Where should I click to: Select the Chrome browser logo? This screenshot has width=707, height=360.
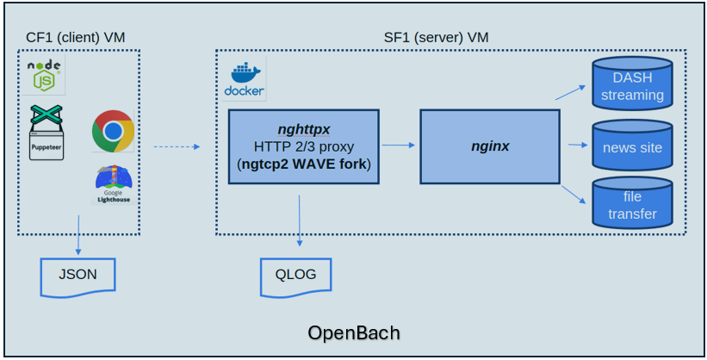pos(113,131)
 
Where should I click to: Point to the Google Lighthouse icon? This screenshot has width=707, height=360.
pos(113,184)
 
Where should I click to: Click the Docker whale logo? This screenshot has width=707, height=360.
pos(245,80)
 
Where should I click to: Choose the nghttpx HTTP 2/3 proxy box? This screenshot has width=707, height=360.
pos(304,146)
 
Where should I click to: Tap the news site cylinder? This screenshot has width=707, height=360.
pos(632,146)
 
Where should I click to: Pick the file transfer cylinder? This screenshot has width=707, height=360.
pos(632,204)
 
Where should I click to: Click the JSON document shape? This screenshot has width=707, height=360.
pos(78,276)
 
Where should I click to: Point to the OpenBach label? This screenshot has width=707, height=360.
pos(354,332)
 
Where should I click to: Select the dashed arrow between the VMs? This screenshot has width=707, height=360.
pos(176,147)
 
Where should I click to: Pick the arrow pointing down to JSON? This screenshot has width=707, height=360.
pos(78,235)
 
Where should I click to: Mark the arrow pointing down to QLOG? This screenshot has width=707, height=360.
pos(300,224)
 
